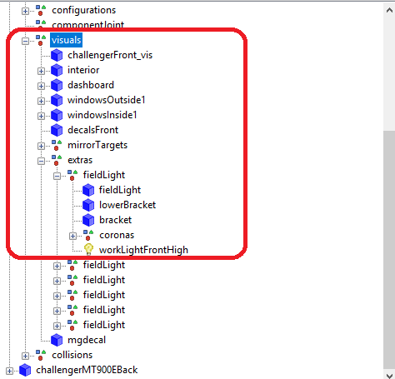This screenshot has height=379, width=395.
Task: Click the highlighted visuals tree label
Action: tap(66, 40)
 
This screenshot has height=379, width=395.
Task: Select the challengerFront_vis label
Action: tap(110, 55)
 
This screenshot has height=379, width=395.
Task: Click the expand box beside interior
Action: tap(41, 71)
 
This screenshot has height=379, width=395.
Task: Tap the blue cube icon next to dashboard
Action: tap(57, 85)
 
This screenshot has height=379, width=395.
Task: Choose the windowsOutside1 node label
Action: tap(107, 100)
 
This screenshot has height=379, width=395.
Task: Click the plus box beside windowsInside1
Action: tap(41, 116)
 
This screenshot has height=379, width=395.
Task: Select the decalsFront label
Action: tap(93, 130)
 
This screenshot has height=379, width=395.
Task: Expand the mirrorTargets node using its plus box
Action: tap(41, 146)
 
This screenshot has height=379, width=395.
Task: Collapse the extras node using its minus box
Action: tap(41, 161)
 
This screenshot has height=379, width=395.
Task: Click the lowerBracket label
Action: tap(127, 205)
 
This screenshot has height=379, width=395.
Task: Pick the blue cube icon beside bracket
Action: tap(88, 220)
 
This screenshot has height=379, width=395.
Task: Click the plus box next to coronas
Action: tap(72, 236)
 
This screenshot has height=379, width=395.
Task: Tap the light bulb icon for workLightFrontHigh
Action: tap(88, 249)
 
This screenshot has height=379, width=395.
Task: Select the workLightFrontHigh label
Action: tap(143, 250)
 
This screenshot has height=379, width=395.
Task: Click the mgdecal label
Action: tap(87, 340)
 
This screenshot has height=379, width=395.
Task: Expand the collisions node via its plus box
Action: tap(25, 356)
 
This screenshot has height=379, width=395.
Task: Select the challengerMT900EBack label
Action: tap(87, 370)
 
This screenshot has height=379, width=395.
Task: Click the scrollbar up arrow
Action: tap(389, 10)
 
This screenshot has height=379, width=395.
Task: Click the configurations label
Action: tap(83, 10)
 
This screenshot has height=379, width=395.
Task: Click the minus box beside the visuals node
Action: tap(25, 41)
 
